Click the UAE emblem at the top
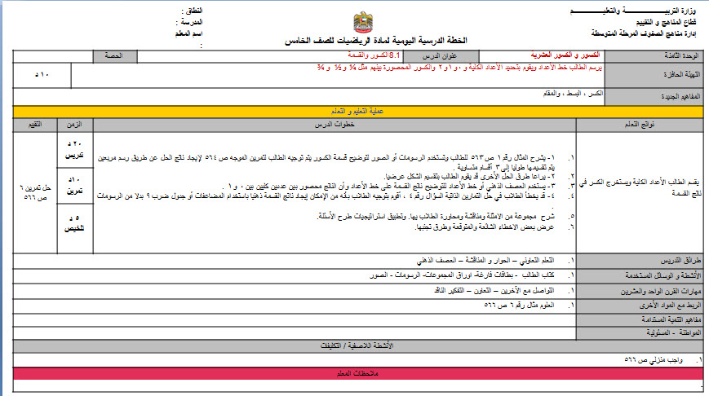[x=363, y=22]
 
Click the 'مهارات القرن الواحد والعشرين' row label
[x=652, y=290]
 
